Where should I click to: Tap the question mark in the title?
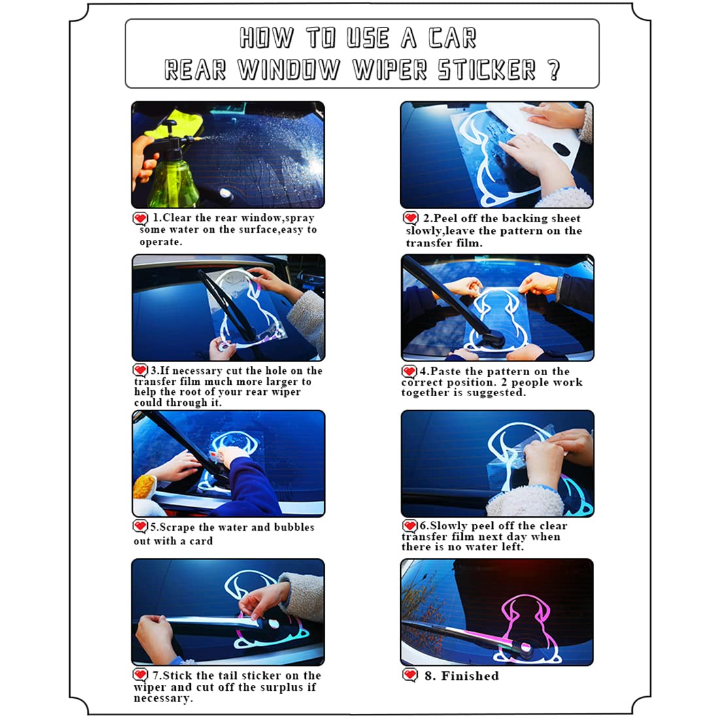(554, 70)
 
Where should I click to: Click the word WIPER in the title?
(390, 70)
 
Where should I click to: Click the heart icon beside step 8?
(410, 675)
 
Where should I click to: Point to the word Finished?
(470, 676)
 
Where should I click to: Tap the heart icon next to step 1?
(141, 218)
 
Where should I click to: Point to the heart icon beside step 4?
(409, 371)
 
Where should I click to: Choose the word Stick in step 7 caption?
(178, 675)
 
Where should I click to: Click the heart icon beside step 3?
(141, 370)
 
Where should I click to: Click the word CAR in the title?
(452, 38)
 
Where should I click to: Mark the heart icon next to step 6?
(409, 526)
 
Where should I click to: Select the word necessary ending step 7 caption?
(163, 699)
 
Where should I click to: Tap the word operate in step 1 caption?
(161, 242)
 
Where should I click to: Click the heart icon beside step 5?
(141, 526)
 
